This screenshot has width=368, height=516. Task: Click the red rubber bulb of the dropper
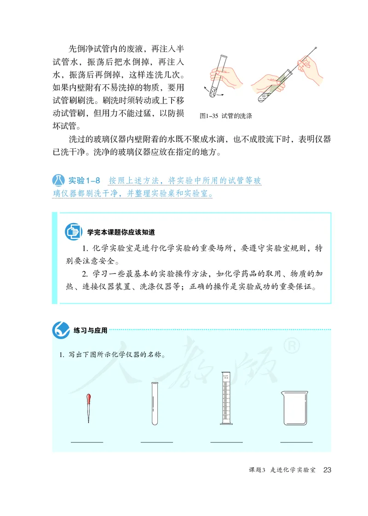(87, 399)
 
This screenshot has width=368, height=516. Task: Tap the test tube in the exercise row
(155, 404)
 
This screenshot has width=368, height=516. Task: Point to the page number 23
(328, 470)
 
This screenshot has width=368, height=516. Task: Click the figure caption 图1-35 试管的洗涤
(226, 116)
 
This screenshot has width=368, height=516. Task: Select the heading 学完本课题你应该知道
(124, 231)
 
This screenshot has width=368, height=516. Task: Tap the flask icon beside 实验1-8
(58, 180)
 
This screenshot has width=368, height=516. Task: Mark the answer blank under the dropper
(87, 442)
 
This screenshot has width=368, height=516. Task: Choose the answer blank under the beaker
(296, 442)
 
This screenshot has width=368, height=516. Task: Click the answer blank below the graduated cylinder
(226, 442)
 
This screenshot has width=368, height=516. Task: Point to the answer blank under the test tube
(156, 442)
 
